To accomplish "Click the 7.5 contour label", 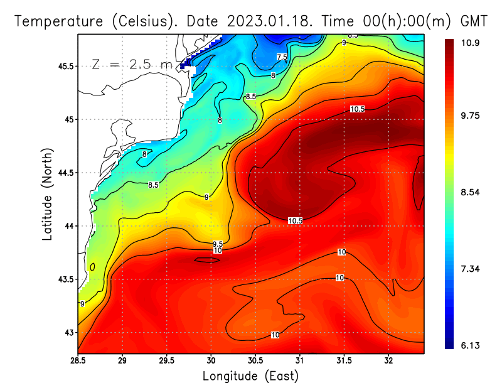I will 282,57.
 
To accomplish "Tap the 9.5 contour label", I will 218,244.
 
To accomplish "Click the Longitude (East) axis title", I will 250,376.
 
